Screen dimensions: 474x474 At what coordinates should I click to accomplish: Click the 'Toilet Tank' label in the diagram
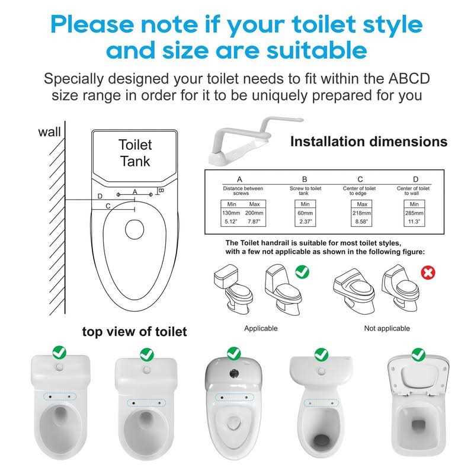[135, 152]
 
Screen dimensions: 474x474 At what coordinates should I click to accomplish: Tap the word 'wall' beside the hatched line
[49, 132]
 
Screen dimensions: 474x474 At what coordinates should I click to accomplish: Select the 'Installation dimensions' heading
[368, 142]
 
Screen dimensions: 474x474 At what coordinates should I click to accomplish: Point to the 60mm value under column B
[304, 213]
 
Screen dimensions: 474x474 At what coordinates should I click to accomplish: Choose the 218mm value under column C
[360, 213]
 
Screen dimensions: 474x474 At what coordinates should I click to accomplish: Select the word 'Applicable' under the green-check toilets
[261, 328]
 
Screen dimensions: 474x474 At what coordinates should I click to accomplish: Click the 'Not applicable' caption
[386, 328]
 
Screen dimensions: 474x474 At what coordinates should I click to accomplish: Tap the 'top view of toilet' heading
[134, 332]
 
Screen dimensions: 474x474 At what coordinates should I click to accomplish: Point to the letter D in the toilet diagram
[100, 196]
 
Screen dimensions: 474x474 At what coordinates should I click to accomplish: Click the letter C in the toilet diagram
[107, 206]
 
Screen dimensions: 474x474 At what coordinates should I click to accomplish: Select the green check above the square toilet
[418, 353]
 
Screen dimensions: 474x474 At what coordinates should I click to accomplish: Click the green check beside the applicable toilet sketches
[302, 273]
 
